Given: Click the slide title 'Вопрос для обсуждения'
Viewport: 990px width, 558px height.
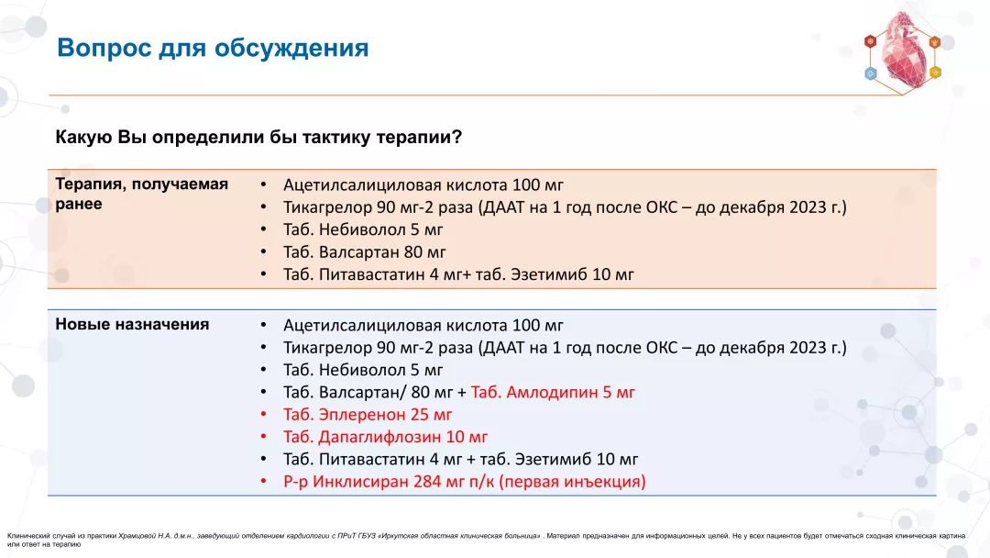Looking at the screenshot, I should tap(213, 48).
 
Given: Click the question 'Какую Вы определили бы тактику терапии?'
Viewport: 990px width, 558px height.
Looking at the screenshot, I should tap(258, 138).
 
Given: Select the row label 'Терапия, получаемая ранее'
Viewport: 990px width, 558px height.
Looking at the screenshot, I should tap(141, 194).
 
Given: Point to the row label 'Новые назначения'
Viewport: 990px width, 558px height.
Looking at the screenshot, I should tap(132, 324).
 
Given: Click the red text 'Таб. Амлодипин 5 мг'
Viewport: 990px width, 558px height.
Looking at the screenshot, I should tap(553, 393).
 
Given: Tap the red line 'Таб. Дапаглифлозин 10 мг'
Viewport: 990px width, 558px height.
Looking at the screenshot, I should tap(385, 437).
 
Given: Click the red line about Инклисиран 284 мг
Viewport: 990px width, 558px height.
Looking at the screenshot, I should tap(464, 481).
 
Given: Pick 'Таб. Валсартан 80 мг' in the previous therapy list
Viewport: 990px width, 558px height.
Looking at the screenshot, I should tap(365, 251).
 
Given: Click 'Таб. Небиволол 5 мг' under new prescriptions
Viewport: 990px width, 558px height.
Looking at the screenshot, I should tap(363, 370).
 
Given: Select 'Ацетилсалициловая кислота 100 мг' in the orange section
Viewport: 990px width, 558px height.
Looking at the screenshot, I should tap(423, 184).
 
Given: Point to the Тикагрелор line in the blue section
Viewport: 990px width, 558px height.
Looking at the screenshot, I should tap(565, 348).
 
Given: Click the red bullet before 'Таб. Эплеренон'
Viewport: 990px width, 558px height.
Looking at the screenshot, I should tap(263, 415).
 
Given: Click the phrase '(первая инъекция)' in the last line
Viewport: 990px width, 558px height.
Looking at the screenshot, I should tap(572, 481).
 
